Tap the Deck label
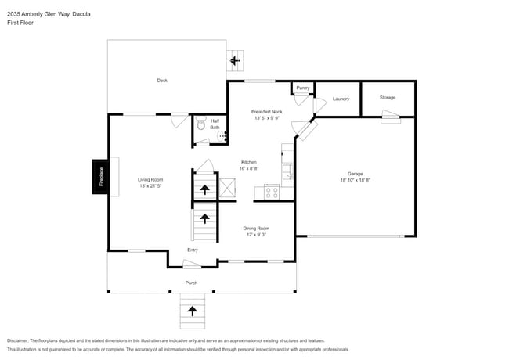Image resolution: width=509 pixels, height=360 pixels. tap(162, 80)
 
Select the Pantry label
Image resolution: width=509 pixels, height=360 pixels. tap(302, 88)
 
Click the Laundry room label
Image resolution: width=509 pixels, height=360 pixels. tap(341, 99)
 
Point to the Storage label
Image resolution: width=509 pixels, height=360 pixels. tap(388, 98)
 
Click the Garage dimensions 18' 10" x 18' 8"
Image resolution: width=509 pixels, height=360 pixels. tap(355, 180)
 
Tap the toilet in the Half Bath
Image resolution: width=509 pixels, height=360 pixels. tap(200, 123)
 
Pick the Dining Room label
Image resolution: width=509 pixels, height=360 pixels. tap(256, 228)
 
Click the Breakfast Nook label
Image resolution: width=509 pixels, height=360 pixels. tap(267, 112)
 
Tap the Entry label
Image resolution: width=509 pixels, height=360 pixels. tap(193, 250)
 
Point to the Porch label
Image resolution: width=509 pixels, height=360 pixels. tap(191, 283)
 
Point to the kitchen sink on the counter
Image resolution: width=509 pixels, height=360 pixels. tap(287, 169)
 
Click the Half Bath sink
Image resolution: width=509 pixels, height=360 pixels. tap(222, 135)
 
